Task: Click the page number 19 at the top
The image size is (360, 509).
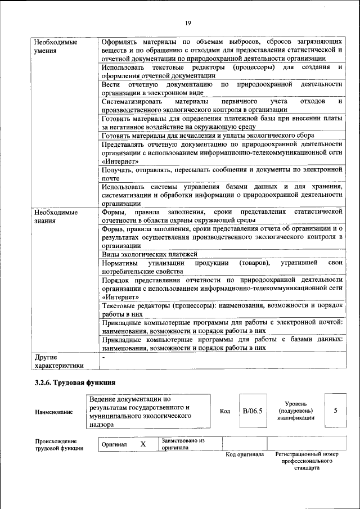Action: click(x=187, y=22)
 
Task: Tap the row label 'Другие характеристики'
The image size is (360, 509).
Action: click(x=58, y=361)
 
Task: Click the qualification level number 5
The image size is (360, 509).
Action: click(x=336, y=411)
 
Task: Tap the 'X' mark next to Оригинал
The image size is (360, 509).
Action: click(x=143, y=444)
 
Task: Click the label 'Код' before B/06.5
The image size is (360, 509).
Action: click(x=225, y=411)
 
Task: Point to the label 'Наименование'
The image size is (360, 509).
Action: click(x=54, y=412)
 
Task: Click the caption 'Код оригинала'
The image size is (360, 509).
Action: click(x=245, y=454)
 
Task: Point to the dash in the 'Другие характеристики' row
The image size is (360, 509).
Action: click(x=103, y=357)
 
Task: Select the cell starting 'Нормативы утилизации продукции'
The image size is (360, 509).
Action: click(x=222, y=267)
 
